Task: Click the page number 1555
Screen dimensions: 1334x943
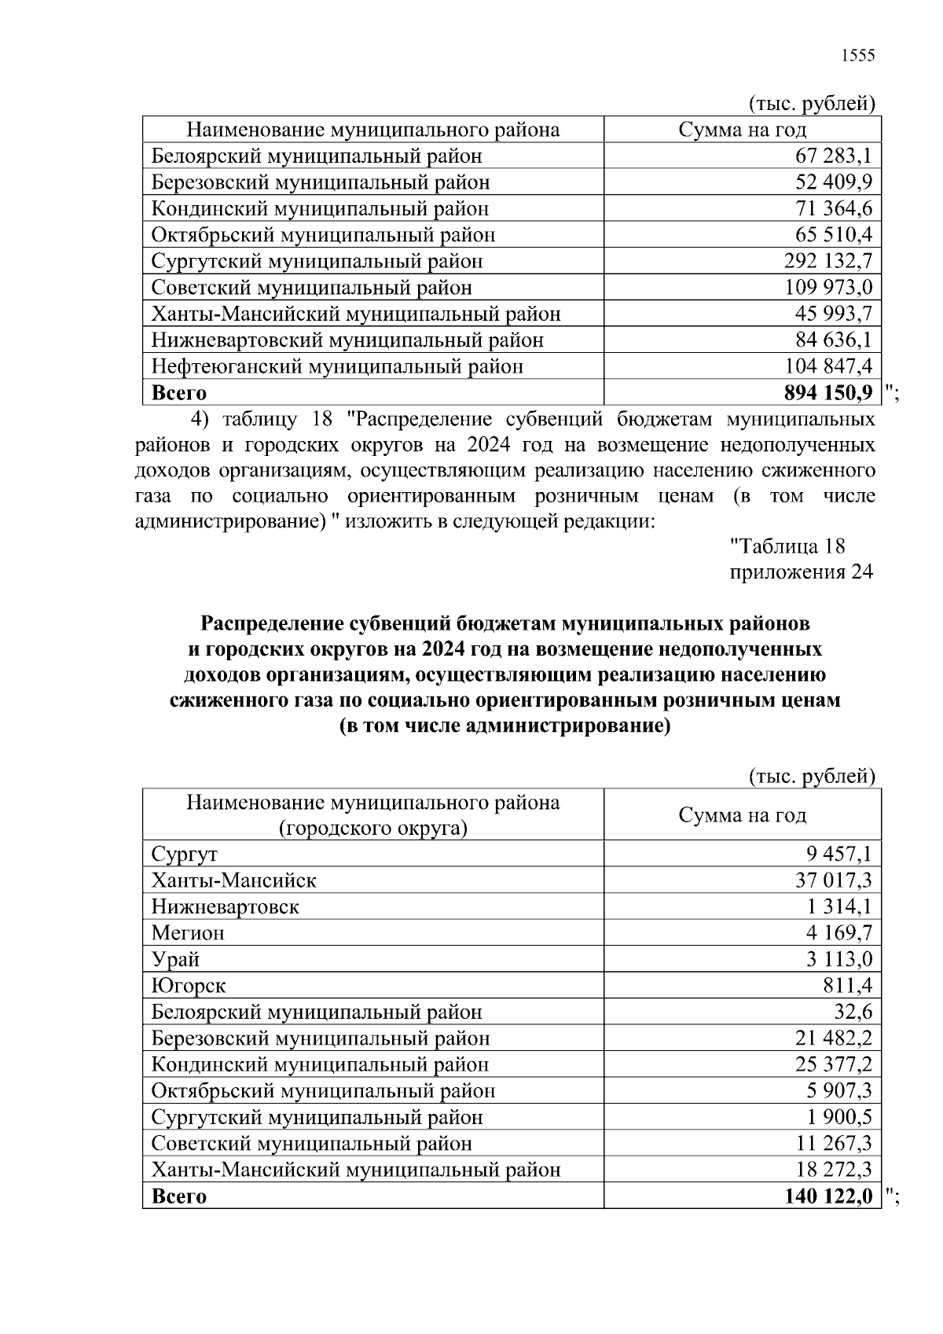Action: click(857, 55)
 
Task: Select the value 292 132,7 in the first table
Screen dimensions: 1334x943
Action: click(827, 261)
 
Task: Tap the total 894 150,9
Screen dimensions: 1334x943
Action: click(824, 392)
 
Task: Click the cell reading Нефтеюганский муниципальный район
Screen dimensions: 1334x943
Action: click(337, 366)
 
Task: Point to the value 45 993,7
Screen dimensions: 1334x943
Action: click(833, 314)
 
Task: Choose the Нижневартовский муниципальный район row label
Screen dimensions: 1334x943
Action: click(347, 340)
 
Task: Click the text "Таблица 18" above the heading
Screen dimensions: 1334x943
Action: click(787, 546)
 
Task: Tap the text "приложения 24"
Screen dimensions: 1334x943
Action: click(802, 571)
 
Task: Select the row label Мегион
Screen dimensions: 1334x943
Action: click(188, 933)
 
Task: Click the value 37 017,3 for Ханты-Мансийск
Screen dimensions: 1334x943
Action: click(833, 880)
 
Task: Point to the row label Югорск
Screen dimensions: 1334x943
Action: click(189, 986)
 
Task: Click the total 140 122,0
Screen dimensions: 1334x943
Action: click(827, 1196)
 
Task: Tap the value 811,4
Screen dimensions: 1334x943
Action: click(848, 986)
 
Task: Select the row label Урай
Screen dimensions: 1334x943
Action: click(175, 960)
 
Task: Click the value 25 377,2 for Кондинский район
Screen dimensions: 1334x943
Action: click(833, 1064)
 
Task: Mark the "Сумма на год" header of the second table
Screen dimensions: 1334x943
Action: click(742, 815)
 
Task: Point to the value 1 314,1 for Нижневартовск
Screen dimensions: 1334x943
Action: click(838, 906)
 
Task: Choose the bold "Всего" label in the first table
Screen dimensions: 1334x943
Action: click(178, 392)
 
